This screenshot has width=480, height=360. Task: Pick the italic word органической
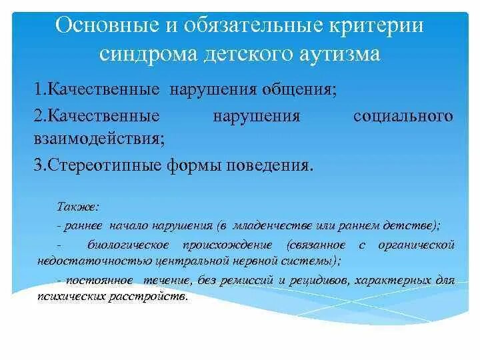[x=416, y=245]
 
